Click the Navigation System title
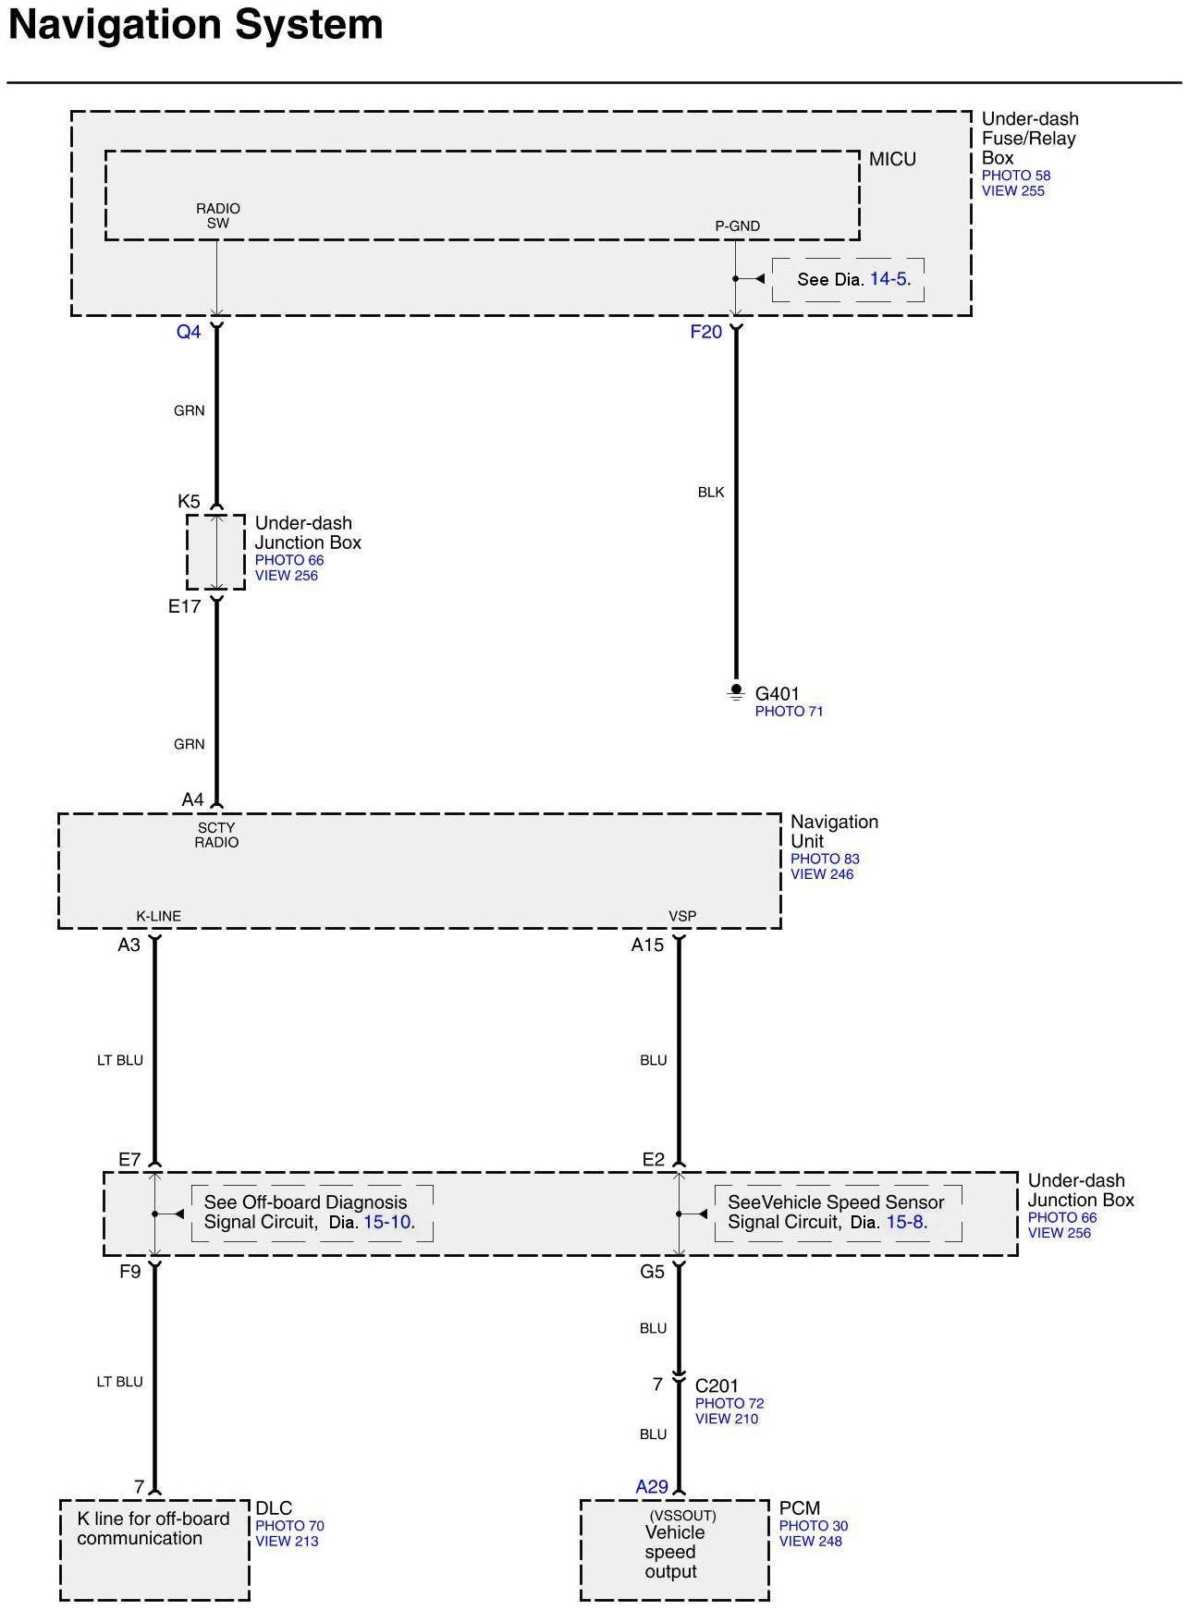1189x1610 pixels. click(196, 25)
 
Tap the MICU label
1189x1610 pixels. click(892, 159)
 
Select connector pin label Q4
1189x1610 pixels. click(189, 332)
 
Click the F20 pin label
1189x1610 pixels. click(705, 332)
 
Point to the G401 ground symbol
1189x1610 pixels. click(736, 691)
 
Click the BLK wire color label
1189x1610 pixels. click(711, 493)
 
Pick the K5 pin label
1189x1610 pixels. click(189, 502)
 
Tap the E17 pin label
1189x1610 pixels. click(184, 607)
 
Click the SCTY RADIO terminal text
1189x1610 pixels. click(216, 835)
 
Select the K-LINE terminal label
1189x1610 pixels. click(159, 916)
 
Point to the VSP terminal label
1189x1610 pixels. click(682, 916)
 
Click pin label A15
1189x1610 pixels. click(647, 945)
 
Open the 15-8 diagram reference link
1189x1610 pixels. click(905, 1222)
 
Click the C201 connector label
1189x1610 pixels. click(717, 1385)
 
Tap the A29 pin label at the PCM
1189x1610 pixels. click(652, 1487)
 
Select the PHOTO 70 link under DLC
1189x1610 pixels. click(289, 1526)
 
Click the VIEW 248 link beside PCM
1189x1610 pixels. click(810, 1541)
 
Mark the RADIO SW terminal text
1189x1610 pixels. click(218, 215)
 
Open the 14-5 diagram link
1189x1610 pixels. click(888, 279)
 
